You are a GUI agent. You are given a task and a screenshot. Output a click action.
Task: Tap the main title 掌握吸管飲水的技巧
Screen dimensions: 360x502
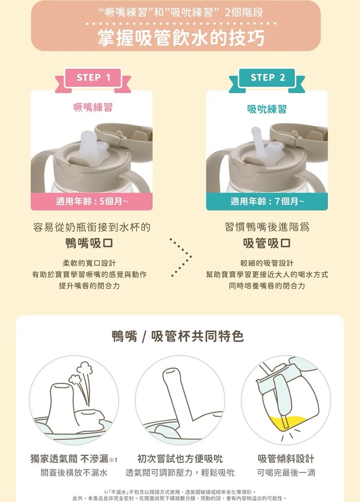pos(181,38)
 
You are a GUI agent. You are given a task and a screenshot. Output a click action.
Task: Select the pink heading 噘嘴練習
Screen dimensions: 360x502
pos(93,107)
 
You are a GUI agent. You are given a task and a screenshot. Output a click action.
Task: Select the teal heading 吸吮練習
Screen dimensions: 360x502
pos(267,109)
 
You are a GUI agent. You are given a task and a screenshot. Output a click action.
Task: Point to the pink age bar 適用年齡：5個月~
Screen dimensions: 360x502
pos(92,201)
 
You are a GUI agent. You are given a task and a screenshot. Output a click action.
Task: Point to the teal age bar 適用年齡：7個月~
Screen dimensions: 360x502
pos(267,201)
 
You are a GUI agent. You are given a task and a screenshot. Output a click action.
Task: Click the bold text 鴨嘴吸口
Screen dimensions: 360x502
pos(89,243)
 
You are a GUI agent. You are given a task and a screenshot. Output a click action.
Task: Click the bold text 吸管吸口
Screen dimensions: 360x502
pos(267,243)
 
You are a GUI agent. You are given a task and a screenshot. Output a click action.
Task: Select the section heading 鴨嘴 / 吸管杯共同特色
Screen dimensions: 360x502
pos(178,336)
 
